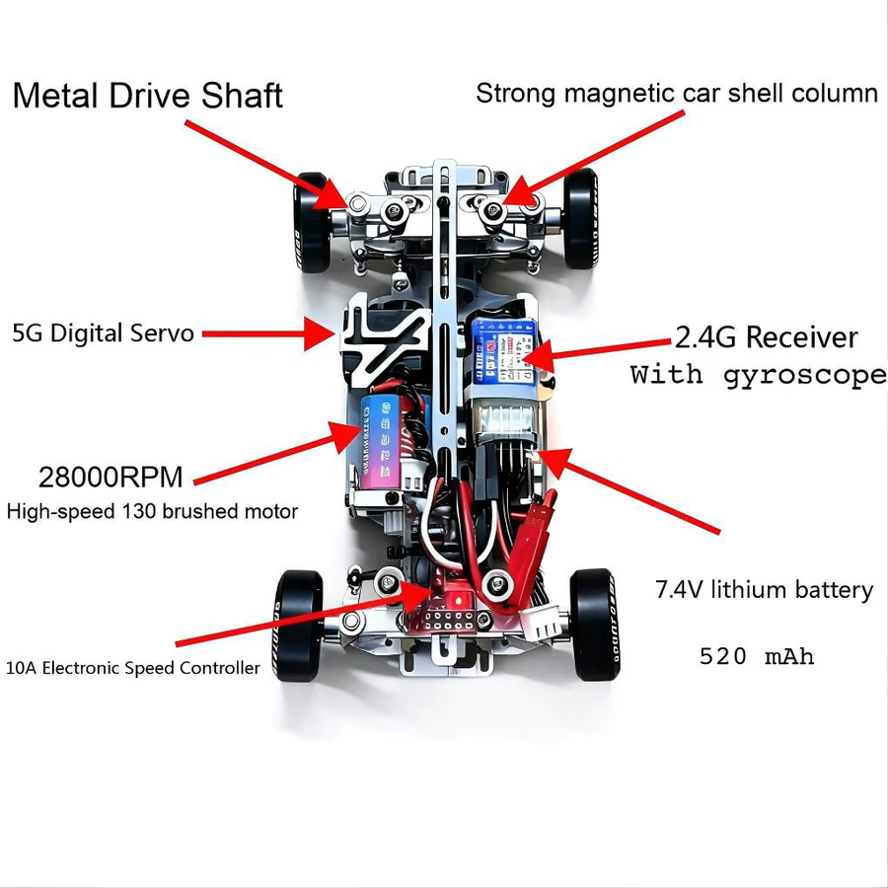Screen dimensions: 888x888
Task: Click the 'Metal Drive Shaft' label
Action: (x=147, y=96)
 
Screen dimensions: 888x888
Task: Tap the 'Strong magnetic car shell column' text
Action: (x=677, y=94)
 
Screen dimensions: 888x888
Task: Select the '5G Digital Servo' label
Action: (x=103, y=333)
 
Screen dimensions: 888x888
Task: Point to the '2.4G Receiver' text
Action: (x=767, y=337)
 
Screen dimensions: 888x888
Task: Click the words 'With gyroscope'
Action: (x=759, y=376)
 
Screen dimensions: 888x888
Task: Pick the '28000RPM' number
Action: (x=111, y=477)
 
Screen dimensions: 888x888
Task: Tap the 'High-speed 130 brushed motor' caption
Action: (x=152, y=511)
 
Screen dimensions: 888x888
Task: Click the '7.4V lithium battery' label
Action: (x=764, y=590)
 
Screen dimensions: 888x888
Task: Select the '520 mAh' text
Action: (x=757, y=656)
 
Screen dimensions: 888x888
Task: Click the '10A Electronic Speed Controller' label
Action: (x=132, y=668)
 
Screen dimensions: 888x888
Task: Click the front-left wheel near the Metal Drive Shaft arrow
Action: (x=312, y=221)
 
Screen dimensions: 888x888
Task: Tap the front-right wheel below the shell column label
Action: (x=581, y=219)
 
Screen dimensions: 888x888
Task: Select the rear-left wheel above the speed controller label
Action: (x=298, y=626)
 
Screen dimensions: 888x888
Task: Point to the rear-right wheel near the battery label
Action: (x=595, y=625)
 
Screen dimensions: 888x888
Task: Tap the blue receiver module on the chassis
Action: (x=504, y=351)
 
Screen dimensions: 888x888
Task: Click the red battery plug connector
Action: (x=533, y=533)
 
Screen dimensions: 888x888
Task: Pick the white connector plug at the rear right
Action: (x=543, y=625)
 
